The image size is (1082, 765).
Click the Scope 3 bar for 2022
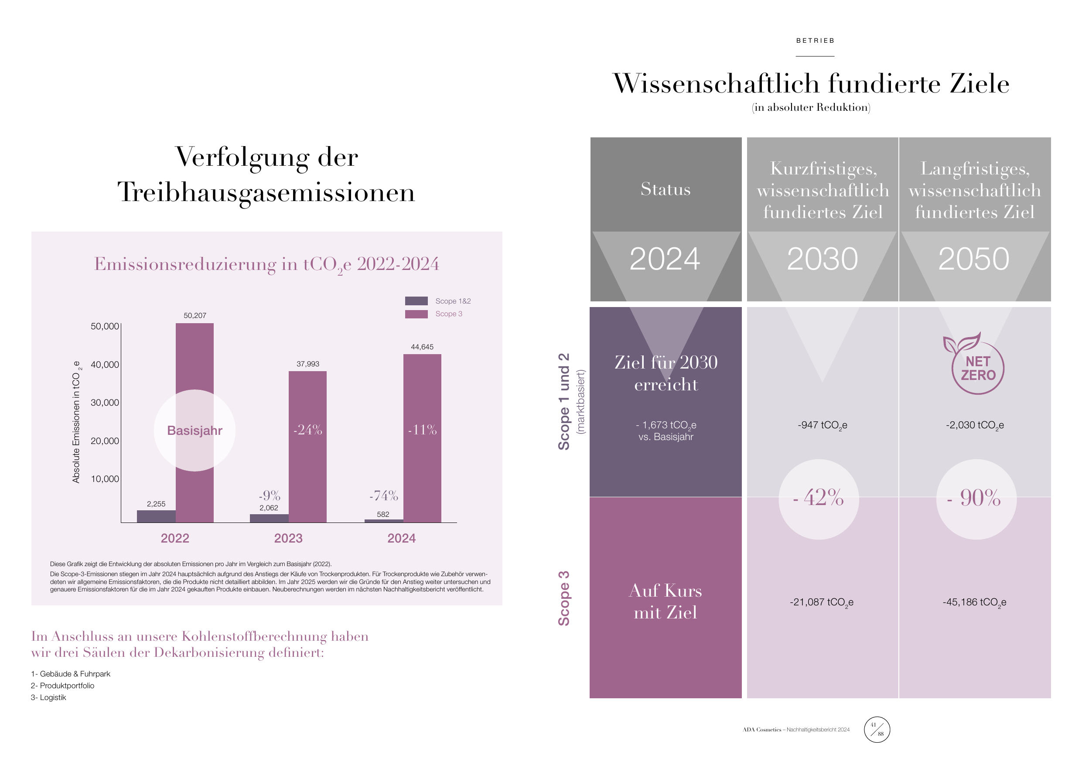pyautogui.click(x=195, y=422)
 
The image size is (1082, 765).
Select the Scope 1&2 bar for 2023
pyautogui.click(x=269, y=518)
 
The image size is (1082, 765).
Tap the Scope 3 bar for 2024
pyautogui.click(x=422, y=438)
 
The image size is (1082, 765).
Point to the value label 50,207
pyautogui.click(x=195, y=315)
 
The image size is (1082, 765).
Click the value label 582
pyautogui.click(x=383, y=514)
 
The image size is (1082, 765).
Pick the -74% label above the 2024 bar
pyautogui.click(x=384, y=495)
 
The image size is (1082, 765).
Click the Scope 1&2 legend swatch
pyautogui.click(x=416, y=301)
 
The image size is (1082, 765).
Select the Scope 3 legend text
pyautogui.click(x=449, y=314)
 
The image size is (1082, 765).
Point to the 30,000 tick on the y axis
pyautogui.click(x=105, y=403)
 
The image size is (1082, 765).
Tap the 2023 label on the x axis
pyautogui.click(x=288, y=538)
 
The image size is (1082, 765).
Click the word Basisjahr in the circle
pyautogui.click(x=195, y=430)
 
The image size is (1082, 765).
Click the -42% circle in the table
pyautogui.click(x=819, y=499)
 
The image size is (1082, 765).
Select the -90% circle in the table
pyautogui.click(x=976, y=499)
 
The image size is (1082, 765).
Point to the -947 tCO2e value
pyautogui.click(x=823, y=425)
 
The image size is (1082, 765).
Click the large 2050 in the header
pyautogui.click(x=973, y=259)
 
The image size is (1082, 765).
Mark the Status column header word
pyautogui.click(x=666, y=189)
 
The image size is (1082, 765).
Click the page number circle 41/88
pyautogui.click(x=877, y=729)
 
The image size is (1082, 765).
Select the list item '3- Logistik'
pyautogui.click(x=48, y=697)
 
